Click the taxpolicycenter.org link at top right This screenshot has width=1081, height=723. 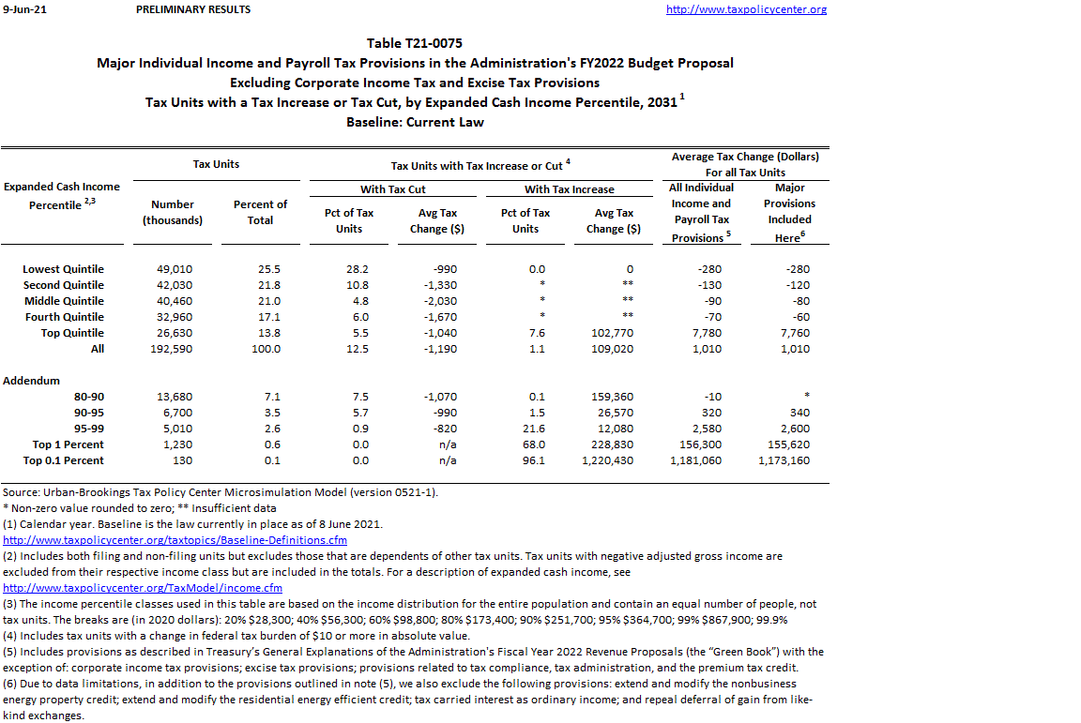pyautogui.click(x=746, y=9)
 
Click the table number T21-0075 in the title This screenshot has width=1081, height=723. pyautogui.click(x=415, y=43)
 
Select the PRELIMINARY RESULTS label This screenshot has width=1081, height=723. pyautogui.click(x=193, y=9)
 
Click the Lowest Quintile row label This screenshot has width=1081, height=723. pyautogui.click(x=63, y=269)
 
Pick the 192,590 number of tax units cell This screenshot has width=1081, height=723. pyautogui.click(x=173, y=349)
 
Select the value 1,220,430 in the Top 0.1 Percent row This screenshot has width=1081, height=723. pyautogui.click(x=607, y=460)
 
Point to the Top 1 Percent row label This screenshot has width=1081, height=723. pyautogui.click(x=68, y=444)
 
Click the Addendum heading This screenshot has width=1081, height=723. pyautogui.click(x=31, y=381)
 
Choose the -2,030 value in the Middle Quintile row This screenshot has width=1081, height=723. pyautogui.click(x=438, y=301)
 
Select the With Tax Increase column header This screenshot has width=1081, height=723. pyautogui.click(x=570, y=189)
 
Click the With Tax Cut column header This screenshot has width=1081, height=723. pyautogui.click(x=394, y=189)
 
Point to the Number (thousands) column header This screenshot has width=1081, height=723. pyautogui.click(x=173, y=212)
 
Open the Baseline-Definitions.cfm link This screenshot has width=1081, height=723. pyautogui.click(x=175, y=540)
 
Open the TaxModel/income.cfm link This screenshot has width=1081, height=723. pyautogui.click(x=143, y=588)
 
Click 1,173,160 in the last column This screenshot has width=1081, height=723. pyautogui.click(x=784, y=460)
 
